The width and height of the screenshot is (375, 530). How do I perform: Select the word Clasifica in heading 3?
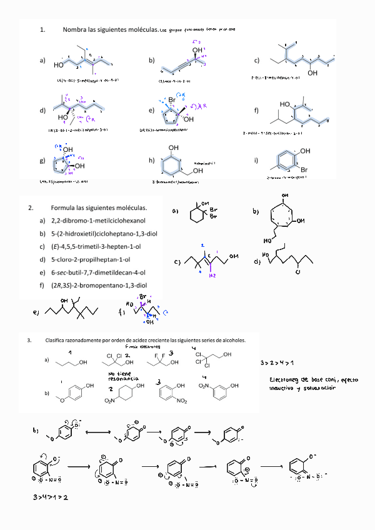(59, 341)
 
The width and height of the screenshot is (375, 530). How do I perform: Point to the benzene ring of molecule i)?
(285, 159)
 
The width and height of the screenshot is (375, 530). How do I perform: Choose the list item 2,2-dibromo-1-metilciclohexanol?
(98, 221)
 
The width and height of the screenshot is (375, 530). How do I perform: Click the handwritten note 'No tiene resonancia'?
(121, 376)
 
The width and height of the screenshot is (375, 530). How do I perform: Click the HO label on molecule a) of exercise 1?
(59, 64)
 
